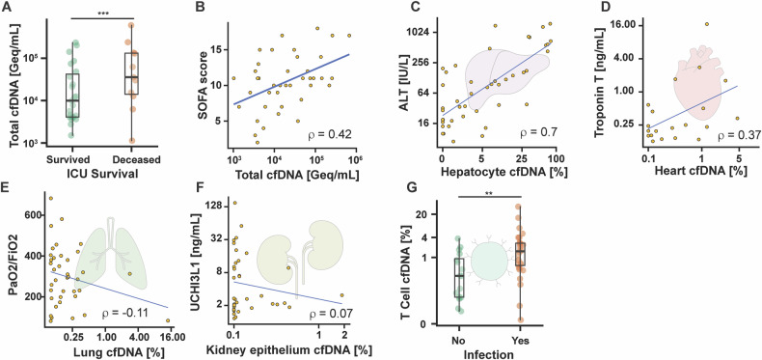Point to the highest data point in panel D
click(x=707, y=24)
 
